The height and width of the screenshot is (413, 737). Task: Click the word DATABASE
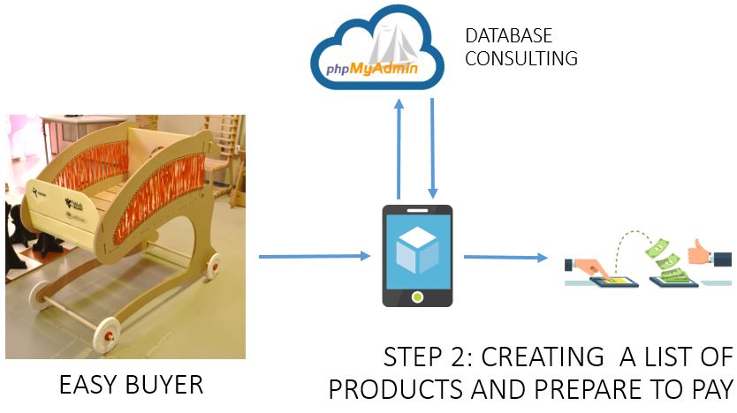[508, 36]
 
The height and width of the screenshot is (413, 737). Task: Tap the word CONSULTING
[520, 59]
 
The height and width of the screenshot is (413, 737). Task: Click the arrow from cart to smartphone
[315, 257]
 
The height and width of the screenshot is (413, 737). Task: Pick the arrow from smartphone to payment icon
[505, 258]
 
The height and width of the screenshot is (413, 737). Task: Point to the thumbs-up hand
[717, 252]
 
